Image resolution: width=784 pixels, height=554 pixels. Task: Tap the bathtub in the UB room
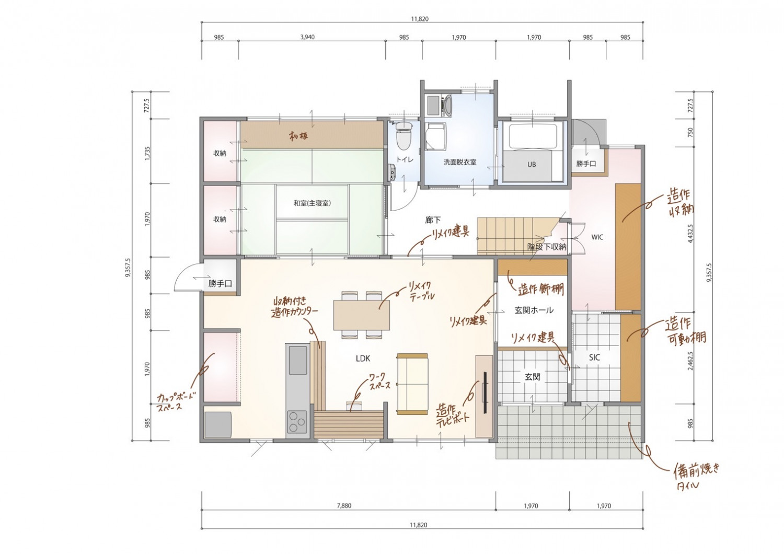(533, 136)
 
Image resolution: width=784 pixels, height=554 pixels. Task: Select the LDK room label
(363, 359)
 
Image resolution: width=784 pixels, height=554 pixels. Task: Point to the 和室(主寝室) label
(312, 203)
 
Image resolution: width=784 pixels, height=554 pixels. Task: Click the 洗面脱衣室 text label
(460, 162)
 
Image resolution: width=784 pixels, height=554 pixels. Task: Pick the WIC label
(597, 237)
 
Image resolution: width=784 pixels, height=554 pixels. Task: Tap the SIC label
(594, 357)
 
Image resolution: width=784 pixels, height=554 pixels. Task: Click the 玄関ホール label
(534, 310)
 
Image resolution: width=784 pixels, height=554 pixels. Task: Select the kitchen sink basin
(298, 361)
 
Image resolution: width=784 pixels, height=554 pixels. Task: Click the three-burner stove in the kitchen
(297, 422)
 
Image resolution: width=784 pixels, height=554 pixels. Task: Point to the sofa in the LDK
(412, 384)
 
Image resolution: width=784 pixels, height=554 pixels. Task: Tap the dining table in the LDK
(362, 315)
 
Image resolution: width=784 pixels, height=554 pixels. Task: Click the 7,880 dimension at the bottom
(344, 506)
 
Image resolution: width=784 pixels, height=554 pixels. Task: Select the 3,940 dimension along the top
(307, 37)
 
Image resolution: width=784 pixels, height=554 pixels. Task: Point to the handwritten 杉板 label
(298, 136)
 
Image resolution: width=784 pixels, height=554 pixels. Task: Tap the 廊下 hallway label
(433, 220)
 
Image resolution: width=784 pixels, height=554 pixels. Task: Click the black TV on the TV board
(486, 393)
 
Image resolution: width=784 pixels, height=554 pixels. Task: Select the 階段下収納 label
(547, 247)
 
